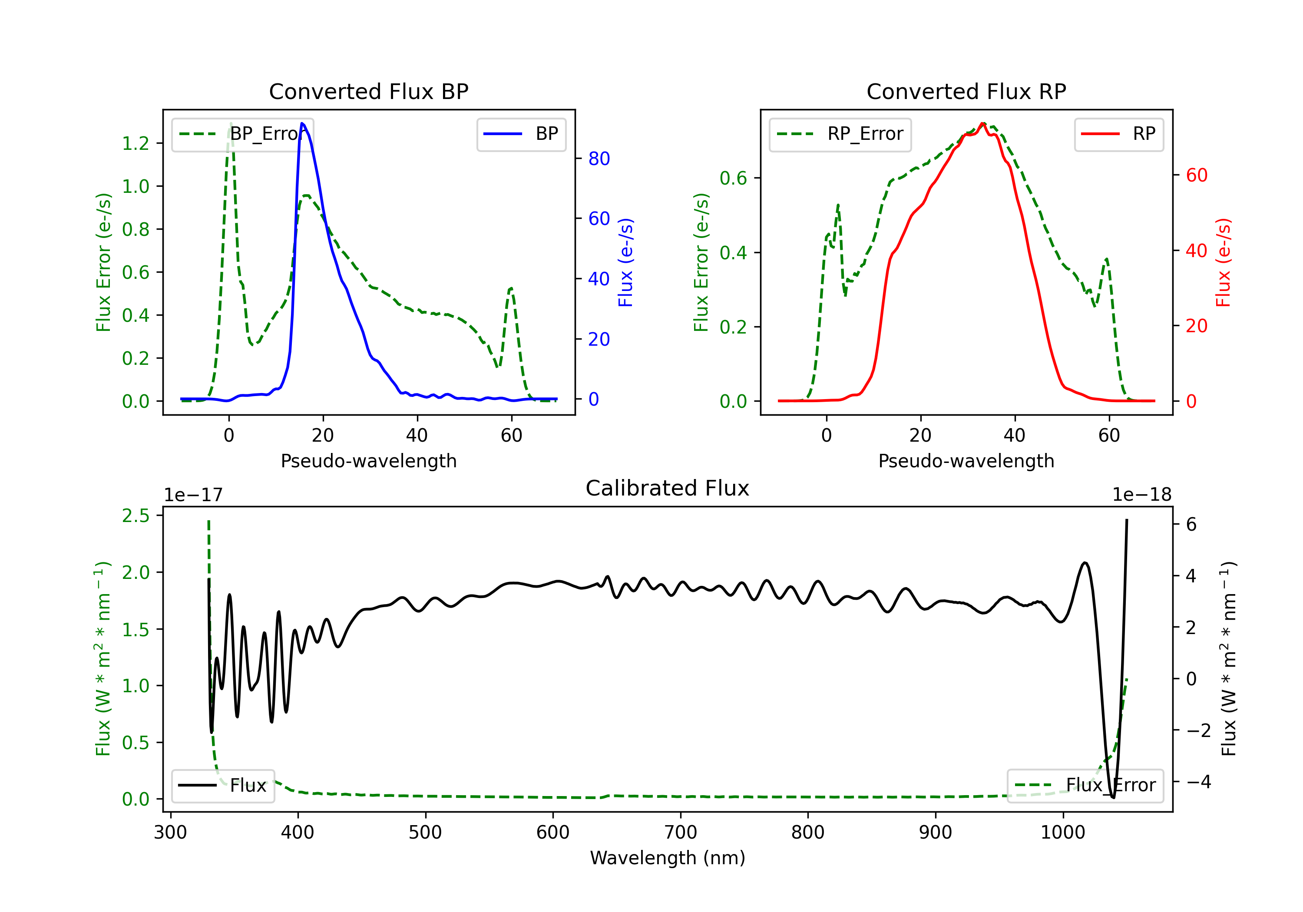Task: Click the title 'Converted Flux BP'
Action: [368, 91]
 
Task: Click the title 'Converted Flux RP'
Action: [966, 91]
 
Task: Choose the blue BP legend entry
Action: [521, 134]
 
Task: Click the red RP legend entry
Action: [1118, 134]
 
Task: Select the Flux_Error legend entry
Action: [1085, 786]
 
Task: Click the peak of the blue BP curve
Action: [302, 123]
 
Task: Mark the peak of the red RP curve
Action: [982, 123]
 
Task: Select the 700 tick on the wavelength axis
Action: [681, 833]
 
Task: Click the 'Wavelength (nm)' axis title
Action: [668, 858]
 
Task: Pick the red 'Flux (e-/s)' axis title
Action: [1223, 262]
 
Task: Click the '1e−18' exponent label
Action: [1141, 495]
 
